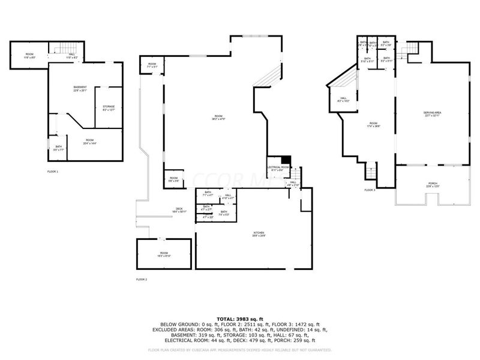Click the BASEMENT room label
pyautogui.click(x=80, y=89)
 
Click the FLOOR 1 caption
pyautogui.click(x=53, y=172)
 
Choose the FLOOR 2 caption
pyautogui.click(x=142, y=280)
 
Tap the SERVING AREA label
pyautogui.click(x=433, y=114)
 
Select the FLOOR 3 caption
pyautogui.click(x=370, y=190)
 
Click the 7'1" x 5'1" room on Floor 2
pyautogui.click(x=152, y=65)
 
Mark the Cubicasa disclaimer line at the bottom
pyautogui.click(x=240, y=349)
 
